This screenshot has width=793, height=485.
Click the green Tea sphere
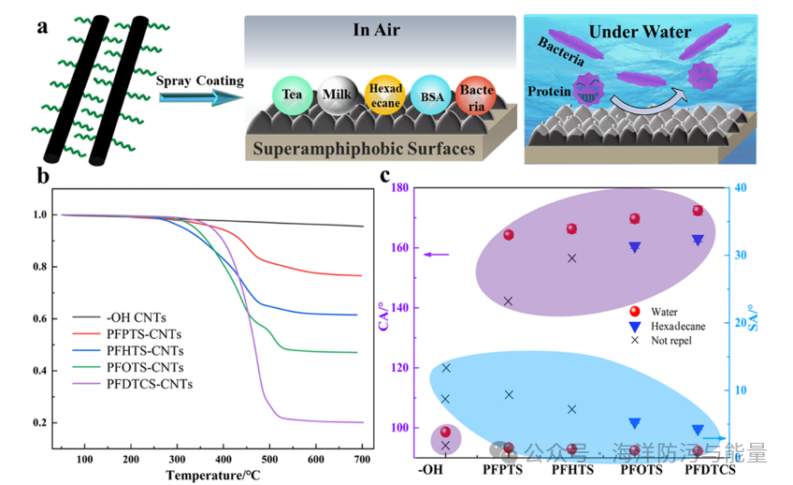pos(291,96)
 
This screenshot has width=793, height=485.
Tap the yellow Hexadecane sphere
pos(384,95)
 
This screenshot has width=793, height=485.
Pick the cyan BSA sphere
pos(429,96)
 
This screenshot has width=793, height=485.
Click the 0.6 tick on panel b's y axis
pos(42,319)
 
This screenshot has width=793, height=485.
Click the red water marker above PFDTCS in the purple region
pos(698,211)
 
